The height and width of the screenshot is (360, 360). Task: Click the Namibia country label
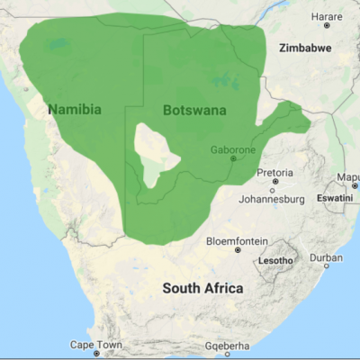point(74,110)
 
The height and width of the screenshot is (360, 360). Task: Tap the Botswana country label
point(194,110)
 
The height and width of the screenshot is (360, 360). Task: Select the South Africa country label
point(202,288)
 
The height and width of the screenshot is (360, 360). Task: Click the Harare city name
point(326,17)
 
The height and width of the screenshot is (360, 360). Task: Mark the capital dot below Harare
point(326,27)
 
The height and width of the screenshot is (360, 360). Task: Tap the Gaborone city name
point(232,148)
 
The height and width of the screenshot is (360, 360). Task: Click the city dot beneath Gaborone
point(233,158)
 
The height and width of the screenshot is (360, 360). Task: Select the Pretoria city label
point(274,172)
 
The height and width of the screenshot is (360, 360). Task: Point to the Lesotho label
point(275,260)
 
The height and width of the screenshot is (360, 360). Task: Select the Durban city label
point(326,257)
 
